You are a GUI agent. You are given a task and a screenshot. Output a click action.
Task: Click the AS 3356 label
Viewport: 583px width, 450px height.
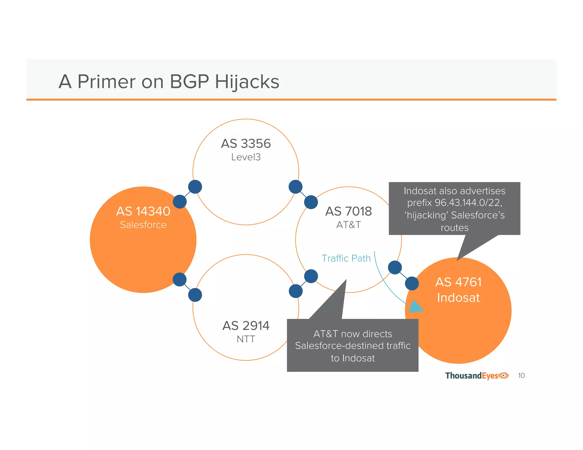coord(246,144)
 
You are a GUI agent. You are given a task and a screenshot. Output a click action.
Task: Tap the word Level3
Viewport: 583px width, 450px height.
coord(246,157)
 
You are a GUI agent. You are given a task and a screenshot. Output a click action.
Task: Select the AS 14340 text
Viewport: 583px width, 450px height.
coord(143,211)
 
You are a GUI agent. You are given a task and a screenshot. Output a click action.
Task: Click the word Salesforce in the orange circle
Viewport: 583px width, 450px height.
coord(143,225)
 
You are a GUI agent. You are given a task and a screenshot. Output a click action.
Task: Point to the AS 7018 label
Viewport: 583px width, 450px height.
coord(348,211)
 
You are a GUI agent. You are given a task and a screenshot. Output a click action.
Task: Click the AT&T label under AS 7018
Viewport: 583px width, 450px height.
coord(348,225)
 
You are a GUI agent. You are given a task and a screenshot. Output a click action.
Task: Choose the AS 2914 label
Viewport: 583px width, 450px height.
coord(246,326)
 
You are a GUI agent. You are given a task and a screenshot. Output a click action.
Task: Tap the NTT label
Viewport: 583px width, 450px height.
coord(246,339)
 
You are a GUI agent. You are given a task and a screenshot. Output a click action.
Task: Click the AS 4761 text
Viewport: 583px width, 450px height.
coord(458,282)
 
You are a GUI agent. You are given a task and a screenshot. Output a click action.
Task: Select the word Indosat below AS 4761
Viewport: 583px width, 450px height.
coord(458,298)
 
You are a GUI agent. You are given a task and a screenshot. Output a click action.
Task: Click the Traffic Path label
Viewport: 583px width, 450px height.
coord(346,258)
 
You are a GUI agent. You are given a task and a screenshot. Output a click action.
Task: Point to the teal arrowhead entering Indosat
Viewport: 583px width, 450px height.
coord(416,307)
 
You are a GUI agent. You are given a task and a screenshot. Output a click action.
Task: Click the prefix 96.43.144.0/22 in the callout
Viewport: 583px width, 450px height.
coord(468,203)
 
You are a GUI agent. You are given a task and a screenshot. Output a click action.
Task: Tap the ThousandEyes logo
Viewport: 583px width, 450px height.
coord(477,376)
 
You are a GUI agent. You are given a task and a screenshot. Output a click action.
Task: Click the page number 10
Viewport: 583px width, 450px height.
coord(521,376)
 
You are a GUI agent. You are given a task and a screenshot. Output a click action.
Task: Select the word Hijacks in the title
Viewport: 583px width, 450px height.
coord(247,82)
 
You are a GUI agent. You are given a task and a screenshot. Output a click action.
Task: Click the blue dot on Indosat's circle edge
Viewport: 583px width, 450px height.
coord(412,283)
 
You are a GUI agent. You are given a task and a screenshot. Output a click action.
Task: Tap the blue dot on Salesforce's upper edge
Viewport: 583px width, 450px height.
coord(180,202)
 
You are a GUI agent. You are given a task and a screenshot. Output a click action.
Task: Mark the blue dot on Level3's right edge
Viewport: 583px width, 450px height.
coord(295,187)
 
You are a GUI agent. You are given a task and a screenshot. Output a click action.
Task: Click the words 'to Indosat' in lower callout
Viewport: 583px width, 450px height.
coord(352,358)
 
